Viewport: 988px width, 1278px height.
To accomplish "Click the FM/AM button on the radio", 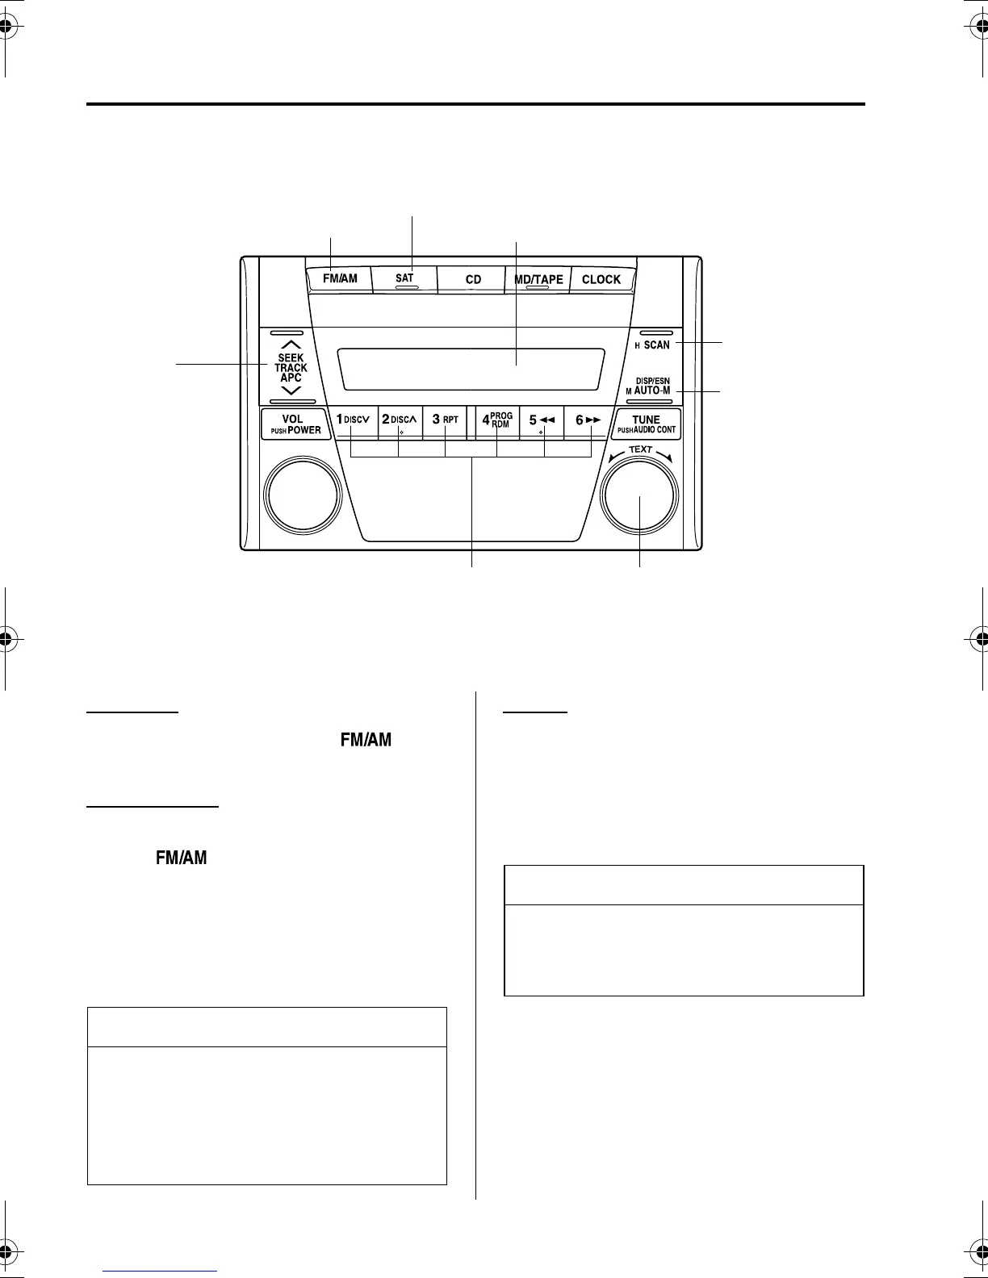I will tap(340, 279).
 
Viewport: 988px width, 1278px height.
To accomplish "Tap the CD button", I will tap(473, 279).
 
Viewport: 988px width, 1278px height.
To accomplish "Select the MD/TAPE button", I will tap(538, 279).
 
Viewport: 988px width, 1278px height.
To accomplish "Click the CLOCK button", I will tap(601, 279).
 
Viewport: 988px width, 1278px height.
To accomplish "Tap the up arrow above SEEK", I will tap(291, 345).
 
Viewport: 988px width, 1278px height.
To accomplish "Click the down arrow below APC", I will tap(291, 390).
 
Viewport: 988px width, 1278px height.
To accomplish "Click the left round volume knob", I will tap(303, 495).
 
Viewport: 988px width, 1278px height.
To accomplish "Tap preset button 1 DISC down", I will tap(354, 420).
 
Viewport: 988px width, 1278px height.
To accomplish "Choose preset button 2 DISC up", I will tap(400, 420).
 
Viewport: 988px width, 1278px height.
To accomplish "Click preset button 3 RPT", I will tap(446, 420).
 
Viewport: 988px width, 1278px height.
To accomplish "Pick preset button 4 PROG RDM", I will tap(497, 420).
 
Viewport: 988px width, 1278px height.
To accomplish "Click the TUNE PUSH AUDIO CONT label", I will tap(647, 424).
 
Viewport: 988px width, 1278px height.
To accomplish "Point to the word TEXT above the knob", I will tap(641, 449).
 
